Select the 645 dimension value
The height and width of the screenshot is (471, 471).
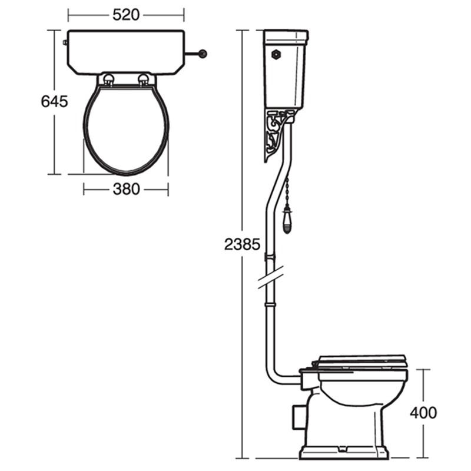pos(54,101)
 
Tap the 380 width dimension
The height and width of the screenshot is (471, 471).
pos(126,189)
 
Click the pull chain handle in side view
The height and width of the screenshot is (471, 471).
pos(287,220)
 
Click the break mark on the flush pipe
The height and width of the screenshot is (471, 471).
pos(271,277)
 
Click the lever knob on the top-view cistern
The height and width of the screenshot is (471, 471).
pos(204,54)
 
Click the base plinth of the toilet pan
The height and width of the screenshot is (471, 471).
pos(344,452)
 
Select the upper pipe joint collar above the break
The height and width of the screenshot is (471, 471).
pos(271,256)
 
